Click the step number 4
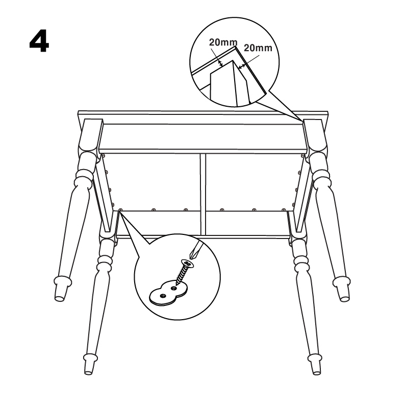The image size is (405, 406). (x=39, y=41)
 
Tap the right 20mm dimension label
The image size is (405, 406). (x=258, y=48)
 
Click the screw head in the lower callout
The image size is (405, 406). (x=188, y=264)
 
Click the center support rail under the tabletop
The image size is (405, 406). (x=204, y=194)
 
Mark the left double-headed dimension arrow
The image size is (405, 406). (x=220, y=63)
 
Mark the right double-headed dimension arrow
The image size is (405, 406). (x=242, y=66)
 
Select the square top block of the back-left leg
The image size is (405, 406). (x=90, y=135)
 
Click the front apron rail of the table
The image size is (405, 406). (x=203, y=224)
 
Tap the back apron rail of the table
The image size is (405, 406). (x=203, y=137)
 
